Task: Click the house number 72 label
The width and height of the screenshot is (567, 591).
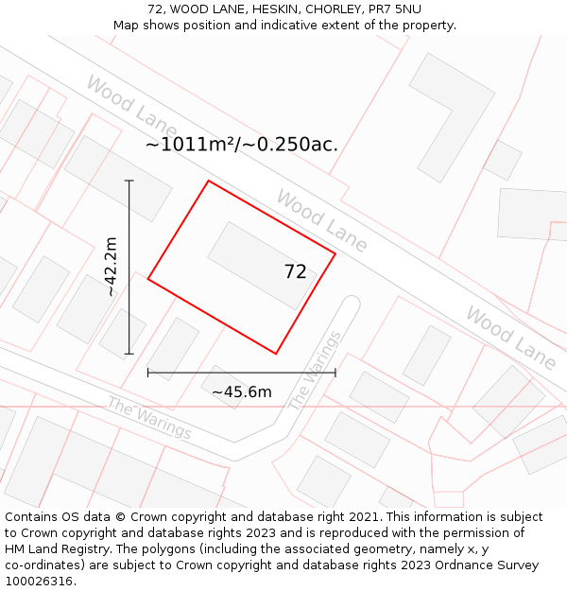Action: coord(295,272)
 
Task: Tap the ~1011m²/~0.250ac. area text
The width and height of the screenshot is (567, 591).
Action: coord(241,145)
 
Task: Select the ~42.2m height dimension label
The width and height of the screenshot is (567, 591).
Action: coord(112,267)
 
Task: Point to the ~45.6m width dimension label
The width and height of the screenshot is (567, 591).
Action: coord(242,391)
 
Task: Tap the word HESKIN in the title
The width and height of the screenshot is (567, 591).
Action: coord(277,9)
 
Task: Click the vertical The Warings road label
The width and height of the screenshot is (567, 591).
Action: coord(313,371)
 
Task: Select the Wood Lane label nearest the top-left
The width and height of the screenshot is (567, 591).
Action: coord(131,104)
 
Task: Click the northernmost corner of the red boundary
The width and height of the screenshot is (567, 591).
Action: coord(208,181)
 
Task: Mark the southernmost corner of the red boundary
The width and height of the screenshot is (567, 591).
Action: coord(276,354)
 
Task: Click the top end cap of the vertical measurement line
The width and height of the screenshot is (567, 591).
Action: coord(129,181)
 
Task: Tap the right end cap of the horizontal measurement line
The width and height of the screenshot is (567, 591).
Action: coord(335,373)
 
